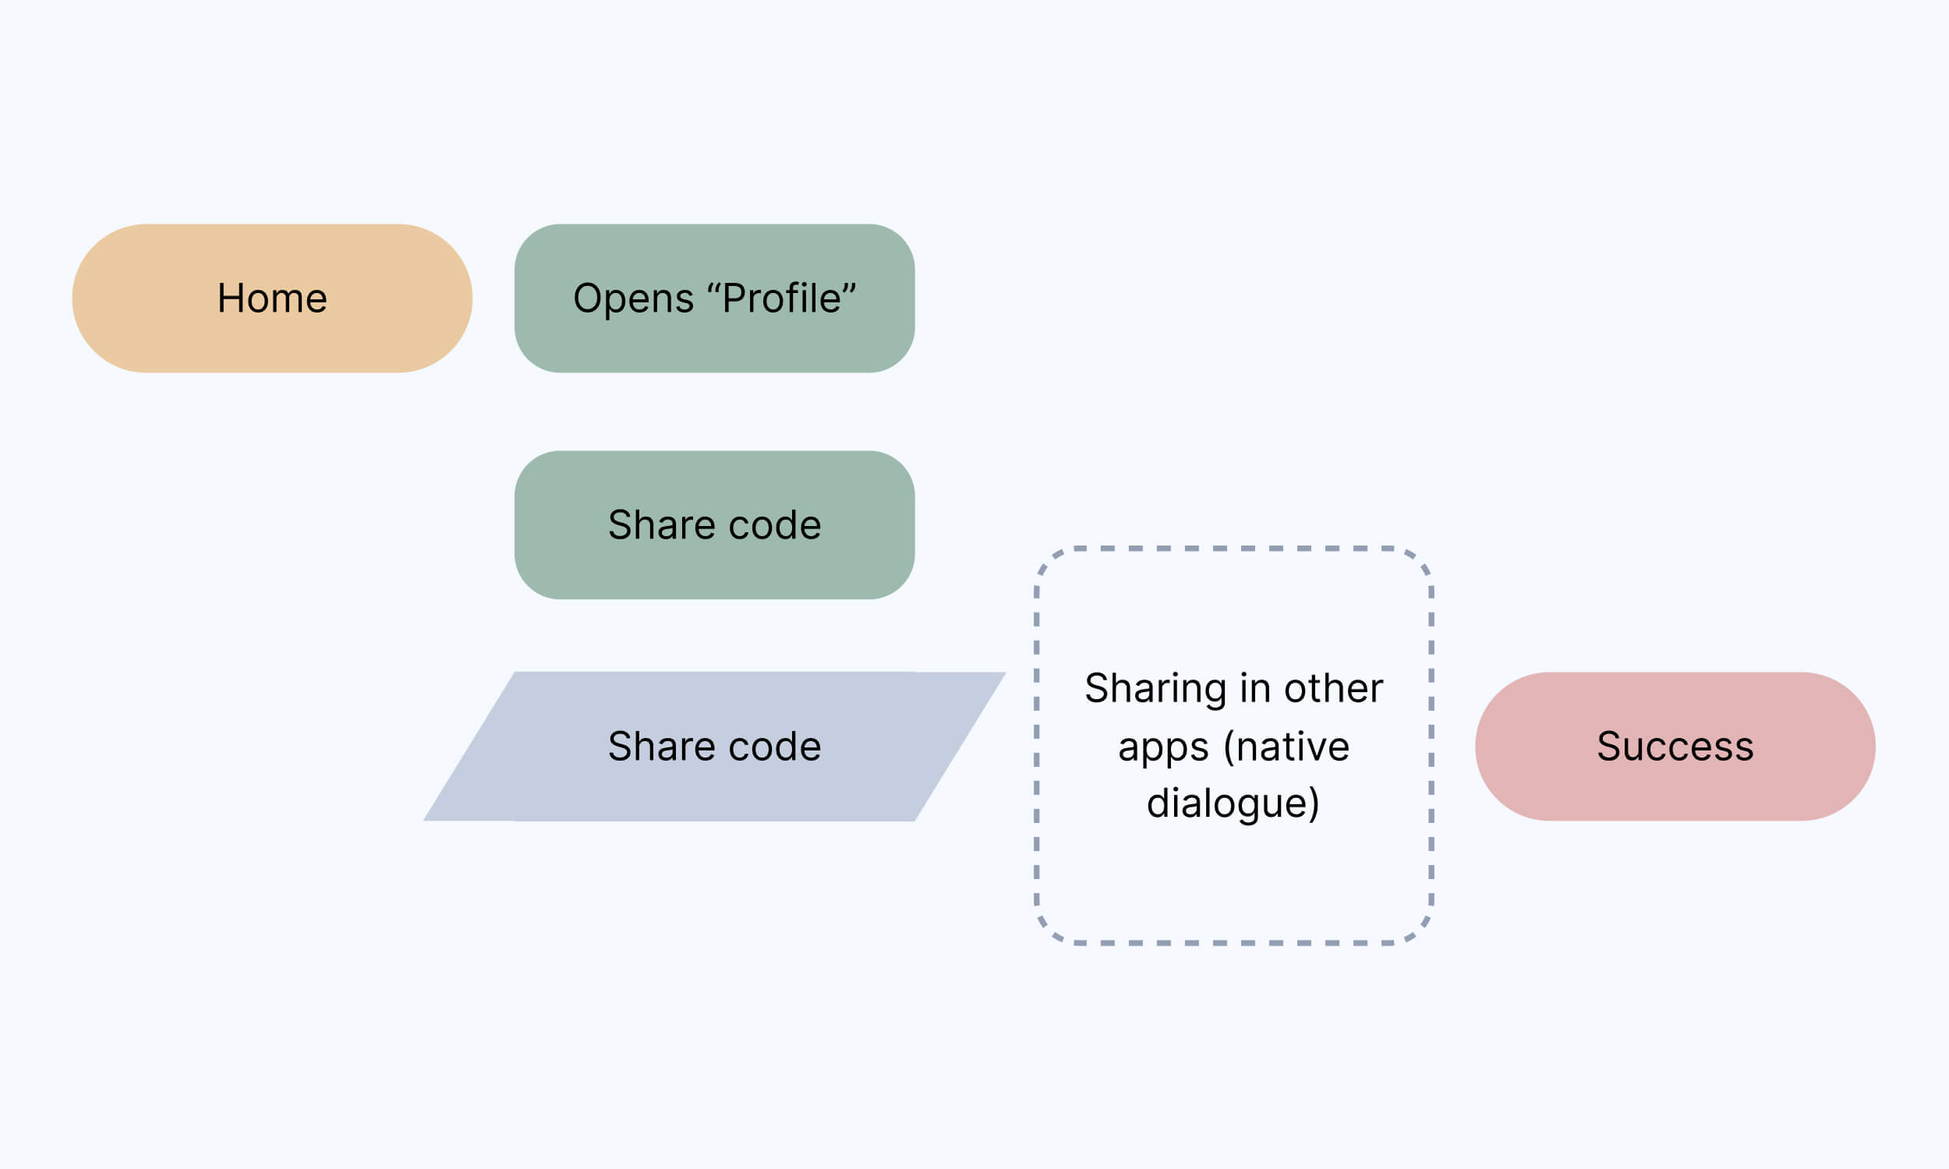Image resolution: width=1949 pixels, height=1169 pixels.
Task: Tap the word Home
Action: tap(272, 298)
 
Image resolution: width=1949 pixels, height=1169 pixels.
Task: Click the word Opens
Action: tap(632, 298)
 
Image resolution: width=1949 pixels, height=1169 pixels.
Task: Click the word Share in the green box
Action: tap(661, 525)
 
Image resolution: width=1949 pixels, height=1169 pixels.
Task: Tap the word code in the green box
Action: tap(775, 525)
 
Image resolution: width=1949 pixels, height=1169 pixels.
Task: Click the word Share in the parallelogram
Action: tap(661, 747)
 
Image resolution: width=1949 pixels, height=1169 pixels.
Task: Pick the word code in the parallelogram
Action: tap(775, 747)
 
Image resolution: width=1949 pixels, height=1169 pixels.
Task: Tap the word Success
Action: tap(1675, 747)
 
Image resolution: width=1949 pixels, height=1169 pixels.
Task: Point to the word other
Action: tap(1333, 688)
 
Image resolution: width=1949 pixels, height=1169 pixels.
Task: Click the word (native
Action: tap(1286, 747)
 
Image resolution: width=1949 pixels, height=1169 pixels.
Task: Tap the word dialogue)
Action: tap(1233, 804)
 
